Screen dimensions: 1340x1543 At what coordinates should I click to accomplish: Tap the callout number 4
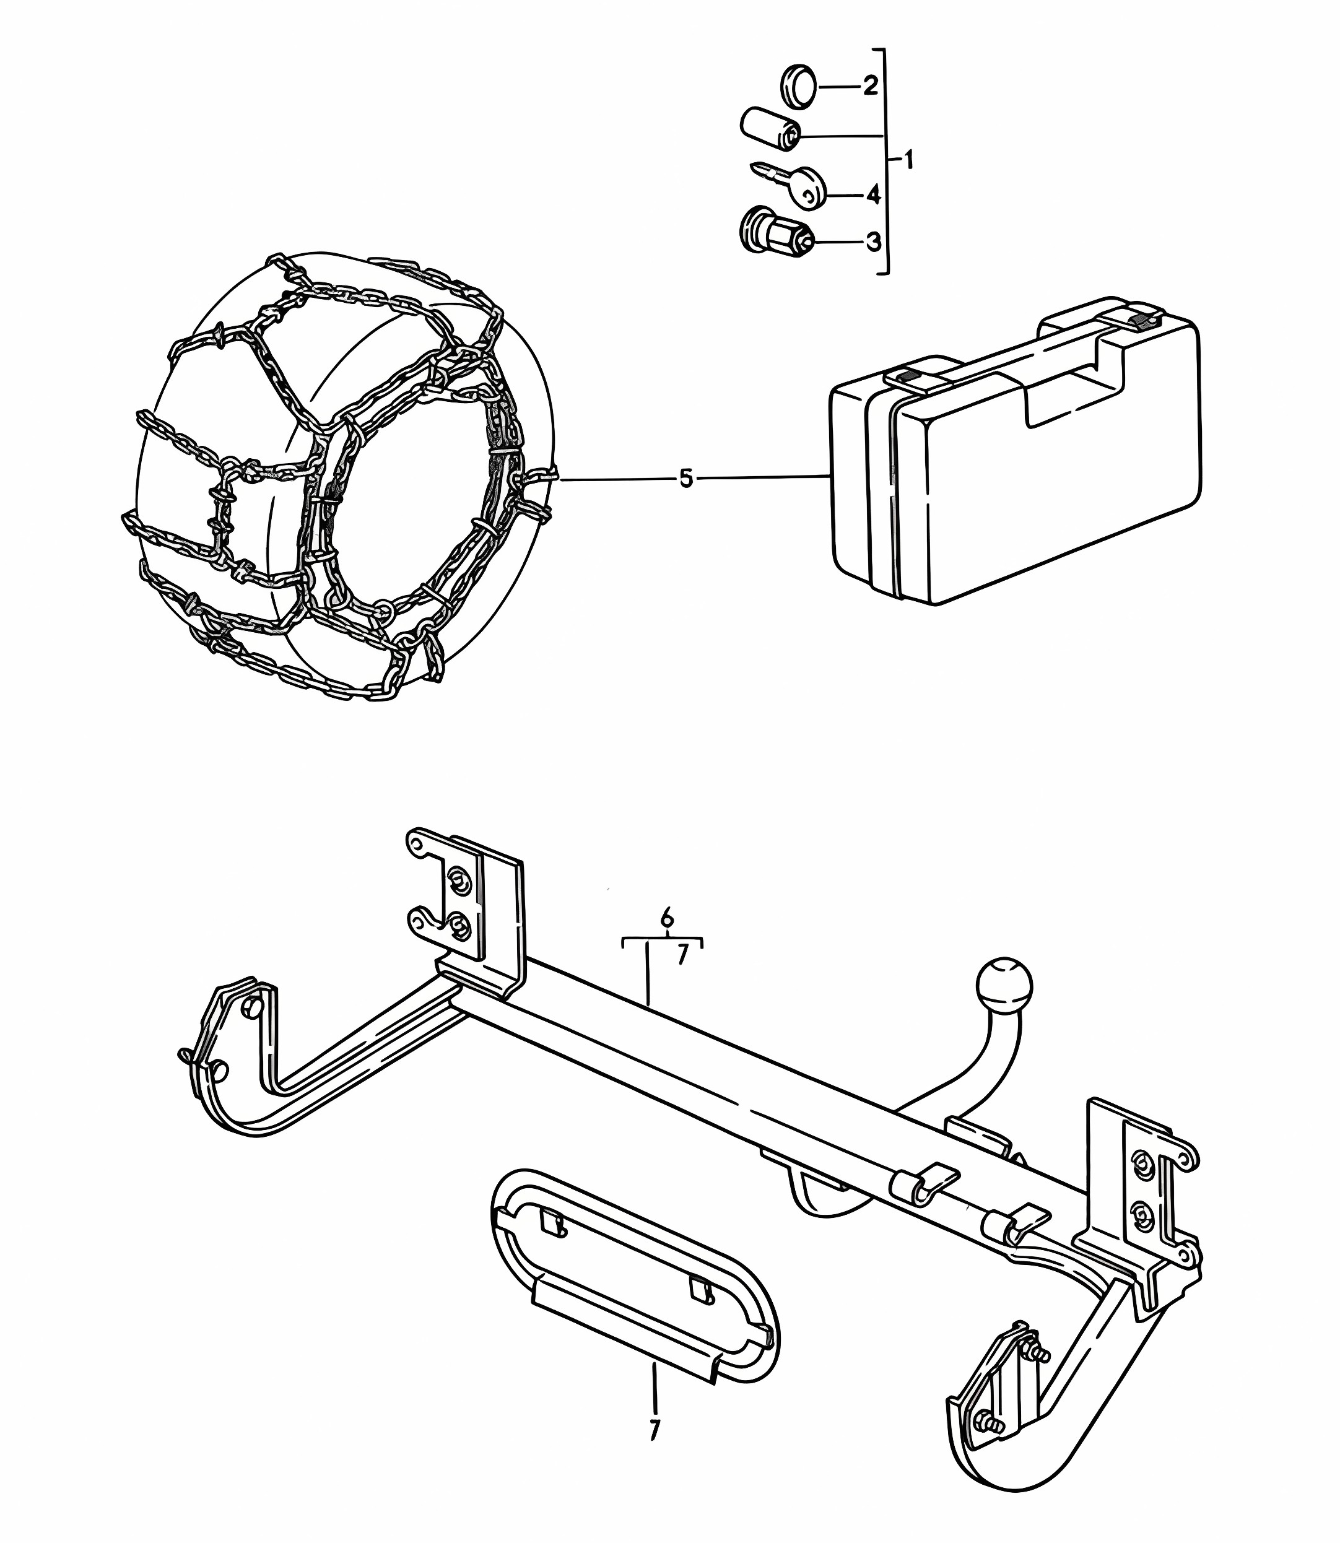pyautogui.click(x=872, y=195)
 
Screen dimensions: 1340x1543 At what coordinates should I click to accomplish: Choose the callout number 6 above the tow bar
pyautogui.click(x=667, y=916)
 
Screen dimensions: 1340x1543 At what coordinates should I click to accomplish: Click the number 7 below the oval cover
pyautogui.click(x=655, y=1429)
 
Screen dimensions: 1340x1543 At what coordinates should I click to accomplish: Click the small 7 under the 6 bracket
pyautogui.click(x=682, y=956)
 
